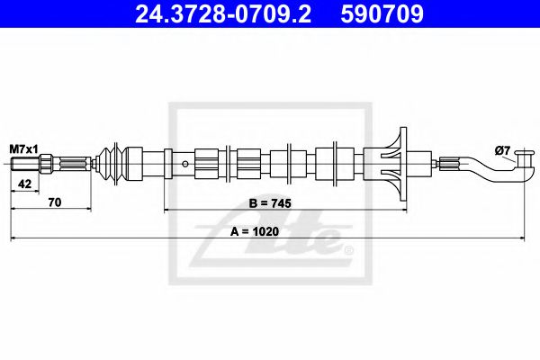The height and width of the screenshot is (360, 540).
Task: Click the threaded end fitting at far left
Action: point(26,165)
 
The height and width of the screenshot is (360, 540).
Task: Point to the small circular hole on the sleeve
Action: point(184,164)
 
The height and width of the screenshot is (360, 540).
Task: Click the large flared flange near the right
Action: point(397,164)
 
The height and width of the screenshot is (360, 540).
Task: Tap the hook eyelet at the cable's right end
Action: point(524,164)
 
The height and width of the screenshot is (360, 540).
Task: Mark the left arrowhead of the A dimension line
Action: point(13,239)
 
